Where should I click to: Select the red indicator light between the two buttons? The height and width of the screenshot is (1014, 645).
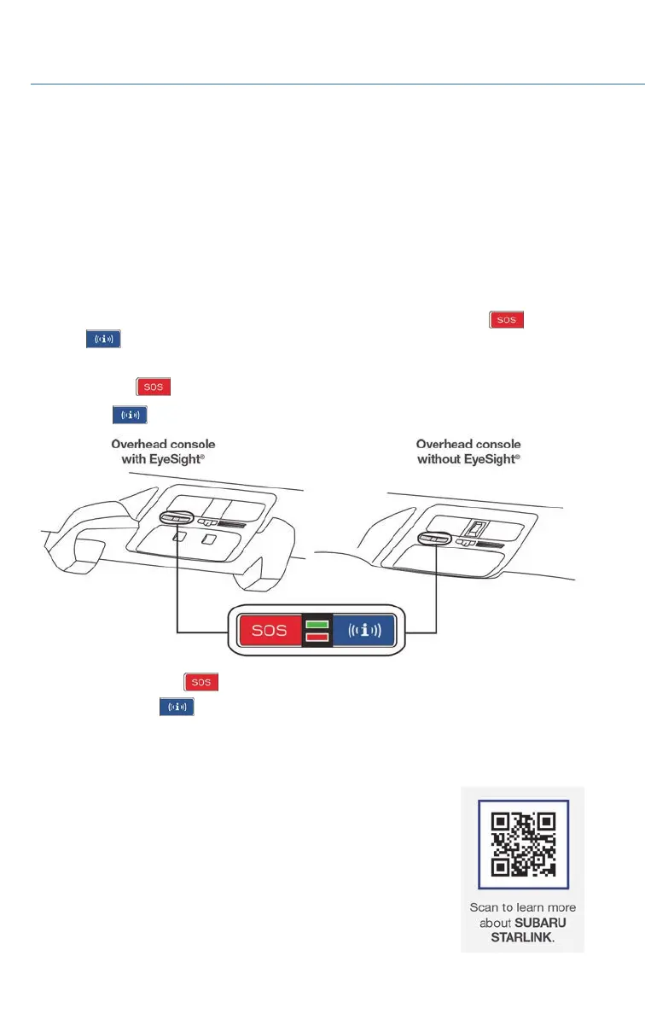316,637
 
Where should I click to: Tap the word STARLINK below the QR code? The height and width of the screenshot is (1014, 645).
523,938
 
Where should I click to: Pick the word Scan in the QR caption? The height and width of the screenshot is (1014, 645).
485,907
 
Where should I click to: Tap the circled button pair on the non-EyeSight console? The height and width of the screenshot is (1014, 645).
436,539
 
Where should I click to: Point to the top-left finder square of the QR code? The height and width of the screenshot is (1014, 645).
500,823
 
